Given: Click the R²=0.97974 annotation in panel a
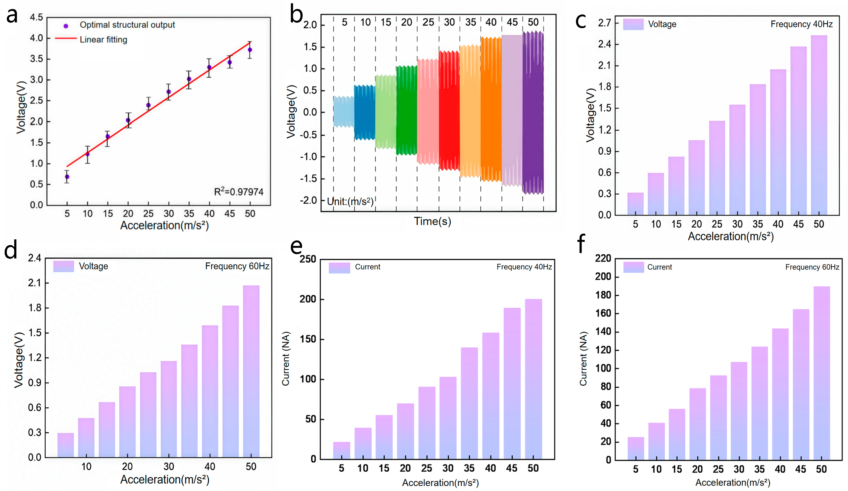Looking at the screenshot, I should coord(239,192).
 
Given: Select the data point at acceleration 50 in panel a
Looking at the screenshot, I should coord(250,50).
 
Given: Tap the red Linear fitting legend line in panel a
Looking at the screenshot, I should coord(66,39).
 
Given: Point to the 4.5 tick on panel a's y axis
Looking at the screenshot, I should coord(36,17).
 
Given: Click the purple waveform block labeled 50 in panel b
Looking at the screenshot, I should coord(533,113).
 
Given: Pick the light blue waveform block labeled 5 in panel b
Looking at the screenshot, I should coord(344,112).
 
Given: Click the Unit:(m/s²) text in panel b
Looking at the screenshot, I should coord(350,201).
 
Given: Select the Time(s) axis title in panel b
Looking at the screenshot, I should coord(432,221).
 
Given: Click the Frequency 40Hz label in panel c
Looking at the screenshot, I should coord(801,24).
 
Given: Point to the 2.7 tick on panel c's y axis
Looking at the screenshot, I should coord(604,23).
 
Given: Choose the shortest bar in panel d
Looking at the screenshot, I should coord(66,445).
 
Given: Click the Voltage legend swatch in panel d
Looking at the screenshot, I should coord(64,266).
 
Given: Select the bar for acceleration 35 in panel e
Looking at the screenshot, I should coord(469,403).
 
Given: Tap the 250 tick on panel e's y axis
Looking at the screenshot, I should coord(308,259).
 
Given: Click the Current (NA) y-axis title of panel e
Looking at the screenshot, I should coord(286,359).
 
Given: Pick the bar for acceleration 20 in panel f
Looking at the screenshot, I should coord(698,424).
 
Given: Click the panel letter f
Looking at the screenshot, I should coord(581,243).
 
